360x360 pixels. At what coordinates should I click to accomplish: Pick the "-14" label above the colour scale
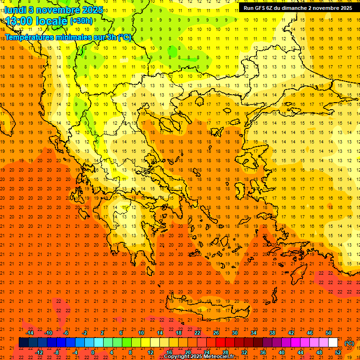click(30, 333)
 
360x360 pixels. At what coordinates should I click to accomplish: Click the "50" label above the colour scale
click(328, 333)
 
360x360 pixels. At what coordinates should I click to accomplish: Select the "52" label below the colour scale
click(338, 352)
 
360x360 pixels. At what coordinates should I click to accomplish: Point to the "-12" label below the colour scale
click(39, 352)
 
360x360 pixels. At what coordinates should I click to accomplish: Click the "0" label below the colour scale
click(93, 352)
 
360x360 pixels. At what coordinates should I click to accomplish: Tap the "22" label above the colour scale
click(197, 333)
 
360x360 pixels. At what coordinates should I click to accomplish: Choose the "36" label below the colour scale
click(262, 352)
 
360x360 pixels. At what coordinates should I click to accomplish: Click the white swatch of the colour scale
click(333, 342)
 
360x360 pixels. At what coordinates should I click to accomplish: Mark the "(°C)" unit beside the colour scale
click(349, 343)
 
